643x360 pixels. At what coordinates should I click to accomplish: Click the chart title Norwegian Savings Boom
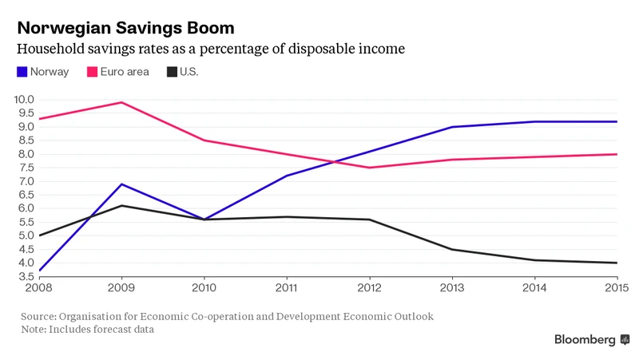125,27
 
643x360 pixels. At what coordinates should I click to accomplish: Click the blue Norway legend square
22,72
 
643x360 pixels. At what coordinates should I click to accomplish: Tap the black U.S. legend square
172,72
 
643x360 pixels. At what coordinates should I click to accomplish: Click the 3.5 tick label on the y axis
25,276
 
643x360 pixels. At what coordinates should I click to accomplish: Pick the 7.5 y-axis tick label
25,168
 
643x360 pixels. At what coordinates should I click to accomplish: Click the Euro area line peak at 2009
121,102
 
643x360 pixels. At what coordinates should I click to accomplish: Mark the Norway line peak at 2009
121,184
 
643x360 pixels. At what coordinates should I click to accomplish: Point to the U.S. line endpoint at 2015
617,263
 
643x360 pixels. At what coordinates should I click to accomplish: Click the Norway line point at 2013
452,127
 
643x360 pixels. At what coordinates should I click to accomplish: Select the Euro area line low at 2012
369,168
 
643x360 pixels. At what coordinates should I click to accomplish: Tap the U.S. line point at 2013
452,249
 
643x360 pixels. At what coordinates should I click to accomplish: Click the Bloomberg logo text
585,340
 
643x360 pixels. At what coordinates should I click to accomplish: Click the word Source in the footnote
39,316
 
